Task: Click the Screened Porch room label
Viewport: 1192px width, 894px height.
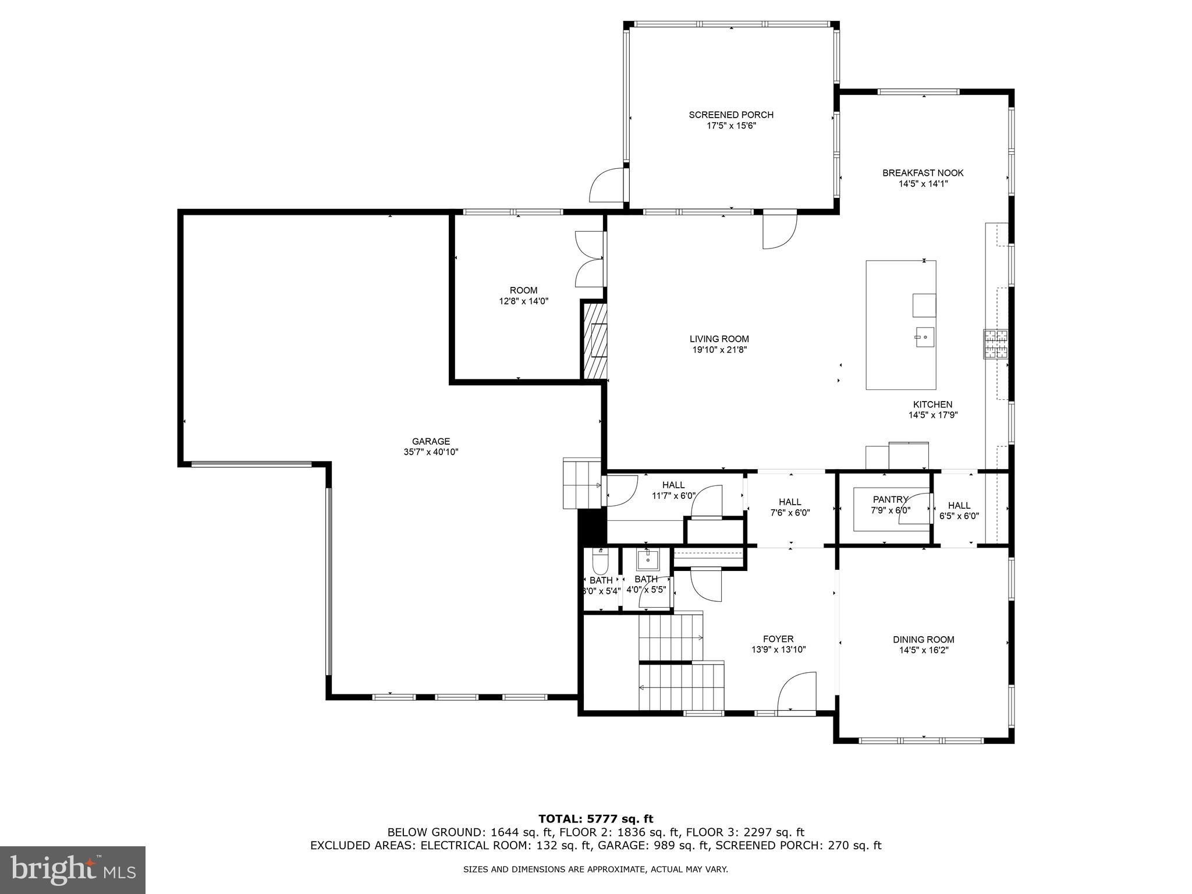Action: coord(731,115)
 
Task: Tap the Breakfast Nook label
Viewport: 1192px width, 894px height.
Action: coord(923,173)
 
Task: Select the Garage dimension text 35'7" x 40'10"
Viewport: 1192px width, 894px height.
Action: coord(431,452)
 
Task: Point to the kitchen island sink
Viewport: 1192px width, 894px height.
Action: coord(924,337)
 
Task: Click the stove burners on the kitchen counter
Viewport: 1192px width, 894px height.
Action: coord(996,343)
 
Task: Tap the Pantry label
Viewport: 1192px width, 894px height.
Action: coord(890,499)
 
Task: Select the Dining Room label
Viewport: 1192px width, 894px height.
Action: coord(923,640)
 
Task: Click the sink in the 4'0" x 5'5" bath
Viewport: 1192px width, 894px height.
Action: coord(647,560)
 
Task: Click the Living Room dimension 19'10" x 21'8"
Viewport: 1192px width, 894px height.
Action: coord(719,350)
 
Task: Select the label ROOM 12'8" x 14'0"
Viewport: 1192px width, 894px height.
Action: coord(523,296)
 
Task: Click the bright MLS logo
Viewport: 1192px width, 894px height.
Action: coord(73,870)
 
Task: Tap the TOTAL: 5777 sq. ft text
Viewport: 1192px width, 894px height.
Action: coord(595,819)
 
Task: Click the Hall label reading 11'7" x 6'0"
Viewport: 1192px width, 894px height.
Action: coord(673,491)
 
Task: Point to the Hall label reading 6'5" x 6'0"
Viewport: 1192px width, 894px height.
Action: coord(959,510)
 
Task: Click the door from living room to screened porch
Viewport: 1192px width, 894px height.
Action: coord(779,230)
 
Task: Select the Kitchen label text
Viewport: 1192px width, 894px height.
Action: coord(932,405)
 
